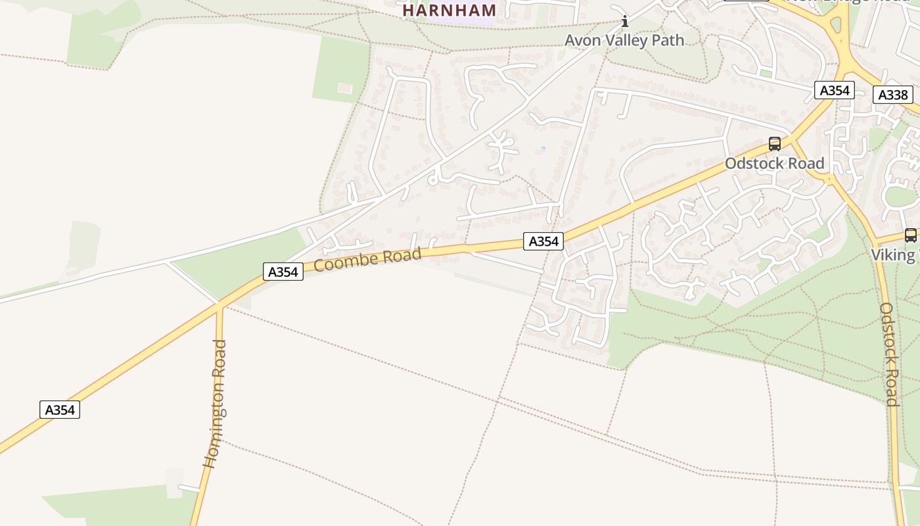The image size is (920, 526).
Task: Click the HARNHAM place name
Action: click(449, 11)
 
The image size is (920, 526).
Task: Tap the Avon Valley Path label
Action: click(624, 41)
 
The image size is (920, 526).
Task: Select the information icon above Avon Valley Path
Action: click(625, 21)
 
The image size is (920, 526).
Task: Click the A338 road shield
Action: click(893, 95)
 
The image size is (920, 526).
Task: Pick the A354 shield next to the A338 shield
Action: click(835, 90)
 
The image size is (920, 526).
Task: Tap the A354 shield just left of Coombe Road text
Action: click(283, 272)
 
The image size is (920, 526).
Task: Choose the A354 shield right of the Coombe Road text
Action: click(543, 241)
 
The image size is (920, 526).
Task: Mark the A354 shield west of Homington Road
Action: click(60, 410)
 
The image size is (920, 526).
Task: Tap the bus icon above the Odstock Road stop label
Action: click(775, 144)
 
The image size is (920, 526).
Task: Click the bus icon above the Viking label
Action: click(911, 235)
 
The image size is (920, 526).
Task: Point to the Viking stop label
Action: click(894, 255)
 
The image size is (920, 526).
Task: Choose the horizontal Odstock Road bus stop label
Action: click(774, 163)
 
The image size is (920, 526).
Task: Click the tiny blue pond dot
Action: click(543, 148)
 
